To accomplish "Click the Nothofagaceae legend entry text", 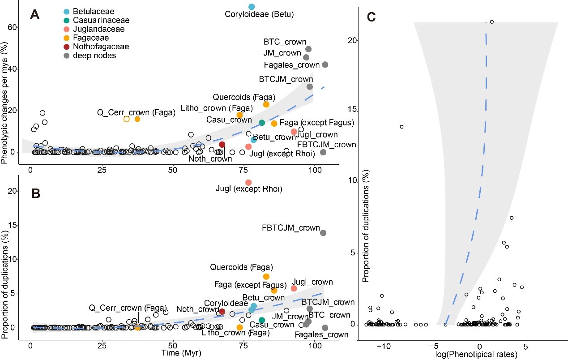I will pos(103,47).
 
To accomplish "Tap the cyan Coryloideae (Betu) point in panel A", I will pos(252,7).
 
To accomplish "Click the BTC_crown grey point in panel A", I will pos(308,49).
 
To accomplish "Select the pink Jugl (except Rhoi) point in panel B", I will pos(248,182).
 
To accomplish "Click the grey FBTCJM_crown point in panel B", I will pos(323,233).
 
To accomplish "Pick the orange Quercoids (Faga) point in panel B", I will pos(266,277).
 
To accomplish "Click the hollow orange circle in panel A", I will pos(126,119).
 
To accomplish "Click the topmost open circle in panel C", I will pos(491,21).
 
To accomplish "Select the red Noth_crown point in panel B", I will pos(222,311).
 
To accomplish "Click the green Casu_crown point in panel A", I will pos(262,123).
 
